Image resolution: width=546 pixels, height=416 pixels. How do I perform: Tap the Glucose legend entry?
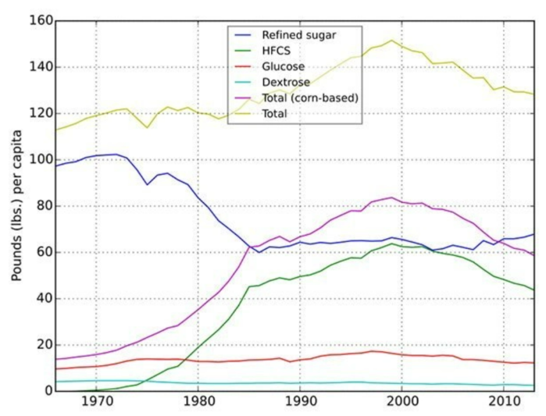[283, 66]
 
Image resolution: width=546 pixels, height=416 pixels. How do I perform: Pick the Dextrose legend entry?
[285, 82]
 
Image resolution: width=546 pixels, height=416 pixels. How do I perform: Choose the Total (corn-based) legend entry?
[309, 98]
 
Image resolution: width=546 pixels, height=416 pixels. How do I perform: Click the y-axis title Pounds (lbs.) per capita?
[17, 205]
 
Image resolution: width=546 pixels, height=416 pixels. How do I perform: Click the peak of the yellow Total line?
[391, 41]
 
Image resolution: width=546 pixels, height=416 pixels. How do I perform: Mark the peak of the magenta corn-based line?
[391, 197]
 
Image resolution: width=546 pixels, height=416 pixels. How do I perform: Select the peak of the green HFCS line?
[391, 244]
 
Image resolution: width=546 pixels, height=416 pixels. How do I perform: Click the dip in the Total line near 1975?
[147, 127]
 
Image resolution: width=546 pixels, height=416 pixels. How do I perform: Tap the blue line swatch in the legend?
[242, 35]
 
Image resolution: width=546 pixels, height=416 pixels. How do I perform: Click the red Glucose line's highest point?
[372, 351]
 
